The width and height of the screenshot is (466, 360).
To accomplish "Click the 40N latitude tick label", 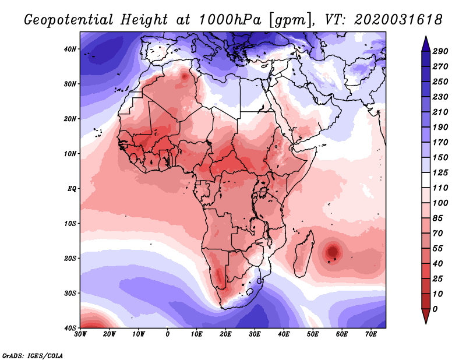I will (70, 49).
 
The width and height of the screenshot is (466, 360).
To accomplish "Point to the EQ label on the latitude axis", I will (72, 189).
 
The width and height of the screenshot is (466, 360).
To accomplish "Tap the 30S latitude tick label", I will (70, 293).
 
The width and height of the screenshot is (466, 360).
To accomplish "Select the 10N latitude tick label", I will (70, 154).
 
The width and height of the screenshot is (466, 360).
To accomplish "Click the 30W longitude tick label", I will (80, 334).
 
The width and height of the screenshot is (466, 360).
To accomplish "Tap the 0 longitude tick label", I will (168, 334).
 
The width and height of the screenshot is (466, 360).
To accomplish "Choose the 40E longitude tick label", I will (284, 334).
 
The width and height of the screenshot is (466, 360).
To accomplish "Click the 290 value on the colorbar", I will (440, 51).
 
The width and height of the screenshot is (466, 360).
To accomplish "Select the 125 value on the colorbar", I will (440, 173).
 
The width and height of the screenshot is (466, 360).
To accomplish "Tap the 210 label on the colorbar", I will (440, 112).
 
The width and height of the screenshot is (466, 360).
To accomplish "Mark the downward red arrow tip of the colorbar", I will (425, 320).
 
